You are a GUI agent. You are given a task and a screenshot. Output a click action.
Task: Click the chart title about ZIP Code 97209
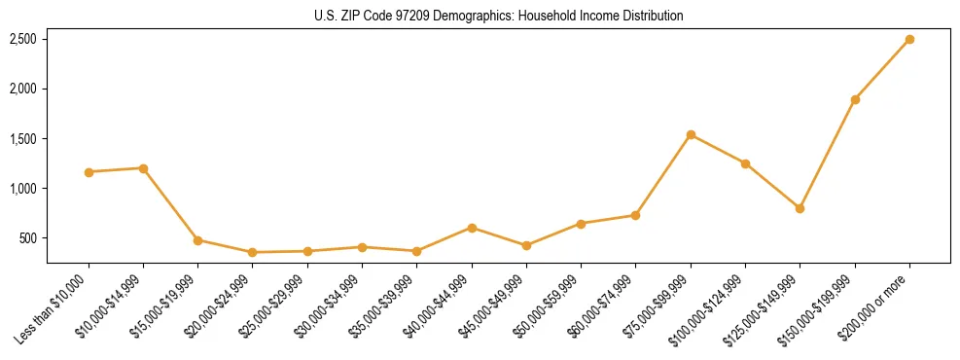tap(499, 16)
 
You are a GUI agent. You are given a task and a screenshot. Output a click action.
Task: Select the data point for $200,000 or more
tap(909, 40)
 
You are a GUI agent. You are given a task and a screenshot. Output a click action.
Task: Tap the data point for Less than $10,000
tap(89, 172)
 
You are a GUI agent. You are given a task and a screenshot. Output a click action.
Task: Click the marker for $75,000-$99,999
tap(691, 134)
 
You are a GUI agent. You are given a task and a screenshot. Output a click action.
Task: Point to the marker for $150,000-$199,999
tap(855, 99)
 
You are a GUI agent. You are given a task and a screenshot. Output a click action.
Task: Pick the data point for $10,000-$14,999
tap(143, 168)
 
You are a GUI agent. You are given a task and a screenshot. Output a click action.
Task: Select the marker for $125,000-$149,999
tap(800, 208)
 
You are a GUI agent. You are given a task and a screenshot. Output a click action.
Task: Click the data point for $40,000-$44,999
tap(472, 228)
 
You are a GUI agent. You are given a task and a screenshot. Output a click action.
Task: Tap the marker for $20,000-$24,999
tap(253, 252)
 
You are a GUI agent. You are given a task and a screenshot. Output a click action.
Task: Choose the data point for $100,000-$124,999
tap(745, 163)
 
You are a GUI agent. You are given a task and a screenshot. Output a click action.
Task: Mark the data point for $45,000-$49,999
tap(526, 245)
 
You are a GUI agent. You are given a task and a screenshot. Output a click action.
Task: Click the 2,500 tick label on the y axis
tap(23, 40)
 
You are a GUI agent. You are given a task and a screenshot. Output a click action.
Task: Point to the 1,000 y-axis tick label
tap(23, 189)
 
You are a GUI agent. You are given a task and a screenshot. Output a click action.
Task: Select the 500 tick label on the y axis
tap(28, 238)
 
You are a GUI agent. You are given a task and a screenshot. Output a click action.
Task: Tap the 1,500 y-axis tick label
tap(23, 139)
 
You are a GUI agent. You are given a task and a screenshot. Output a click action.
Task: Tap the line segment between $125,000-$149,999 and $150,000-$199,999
tap(828, 154)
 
